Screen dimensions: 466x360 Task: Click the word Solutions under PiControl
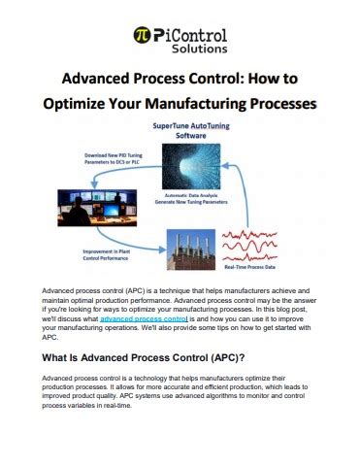[x=194, y=46]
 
